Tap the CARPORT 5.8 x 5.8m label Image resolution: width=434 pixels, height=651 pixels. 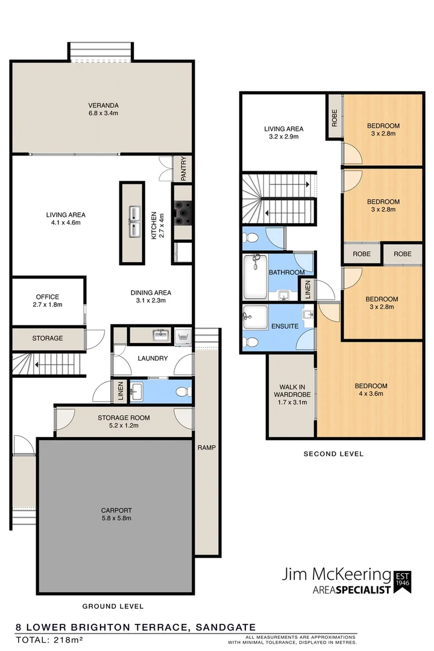pos(116,514)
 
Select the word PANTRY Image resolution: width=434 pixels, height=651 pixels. pos(184,169)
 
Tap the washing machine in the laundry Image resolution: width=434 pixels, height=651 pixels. pos(181,336)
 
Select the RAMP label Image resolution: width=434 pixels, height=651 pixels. pos(207,448)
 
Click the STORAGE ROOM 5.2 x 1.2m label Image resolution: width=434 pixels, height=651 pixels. pos(124,421)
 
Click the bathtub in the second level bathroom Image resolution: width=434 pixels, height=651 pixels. pos(255,277)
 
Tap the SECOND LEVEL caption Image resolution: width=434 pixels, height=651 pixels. pos(333,454)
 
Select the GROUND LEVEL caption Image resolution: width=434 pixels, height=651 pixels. pos(113,606)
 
